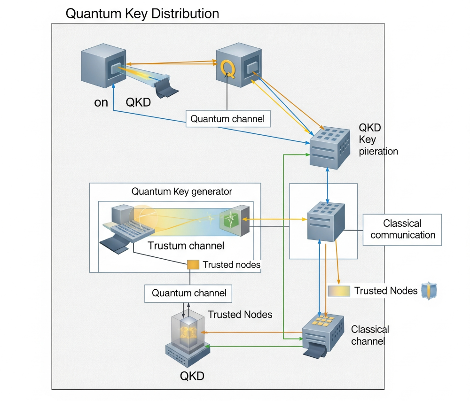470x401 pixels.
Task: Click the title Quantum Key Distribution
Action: pos(142,14)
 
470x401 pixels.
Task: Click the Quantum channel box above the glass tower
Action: pos(188,293)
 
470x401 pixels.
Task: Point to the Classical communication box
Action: pos(402,230)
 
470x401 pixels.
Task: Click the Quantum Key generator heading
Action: pos(181,192)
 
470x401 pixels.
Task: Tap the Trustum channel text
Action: pos(186,246)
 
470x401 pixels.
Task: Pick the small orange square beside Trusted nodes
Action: pos(193,265)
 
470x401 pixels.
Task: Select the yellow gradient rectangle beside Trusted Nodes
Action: pos(339,291)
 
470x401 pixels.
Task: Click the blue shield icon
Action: pos(429,291)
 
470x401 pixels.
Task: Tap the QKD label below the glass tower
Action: pos(192,376)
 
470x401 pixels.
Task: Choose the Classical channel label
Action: pos(370,335)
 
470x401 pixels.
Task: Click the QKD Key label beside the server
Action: pos(370,133)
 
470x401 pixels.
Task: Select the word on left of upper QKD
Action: pos(101,103)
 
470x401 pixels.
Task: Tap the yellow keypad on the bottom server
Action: pos(323,320)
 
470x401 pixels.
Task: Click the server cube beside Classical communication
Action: pos(326,222)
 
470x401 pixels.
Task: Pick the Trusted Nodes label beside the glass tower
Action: pos(240,315)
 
